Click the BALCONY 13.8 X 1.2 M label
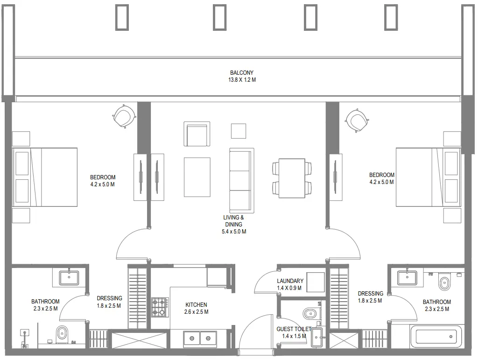click(x=241, y=76)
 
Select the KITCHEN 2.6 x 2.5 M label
click(x=196, y=308)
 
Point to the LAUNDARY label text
click(x=290, y=281)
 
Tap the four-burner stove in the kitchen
click(x=160, y=307)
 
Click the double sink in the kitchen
click(x=200, y=338)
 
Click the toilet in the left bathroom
click(x=62, y=334)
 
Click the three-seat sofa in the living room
click(x=242, y=180)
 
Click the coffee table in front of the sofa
click(x=197, y=177)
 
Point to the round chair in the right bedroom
click(x=356, y=121)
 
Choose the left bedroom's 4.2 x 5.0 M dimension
click(x=103, y=184)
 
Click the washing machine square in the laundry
click(x=316, y=282)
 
